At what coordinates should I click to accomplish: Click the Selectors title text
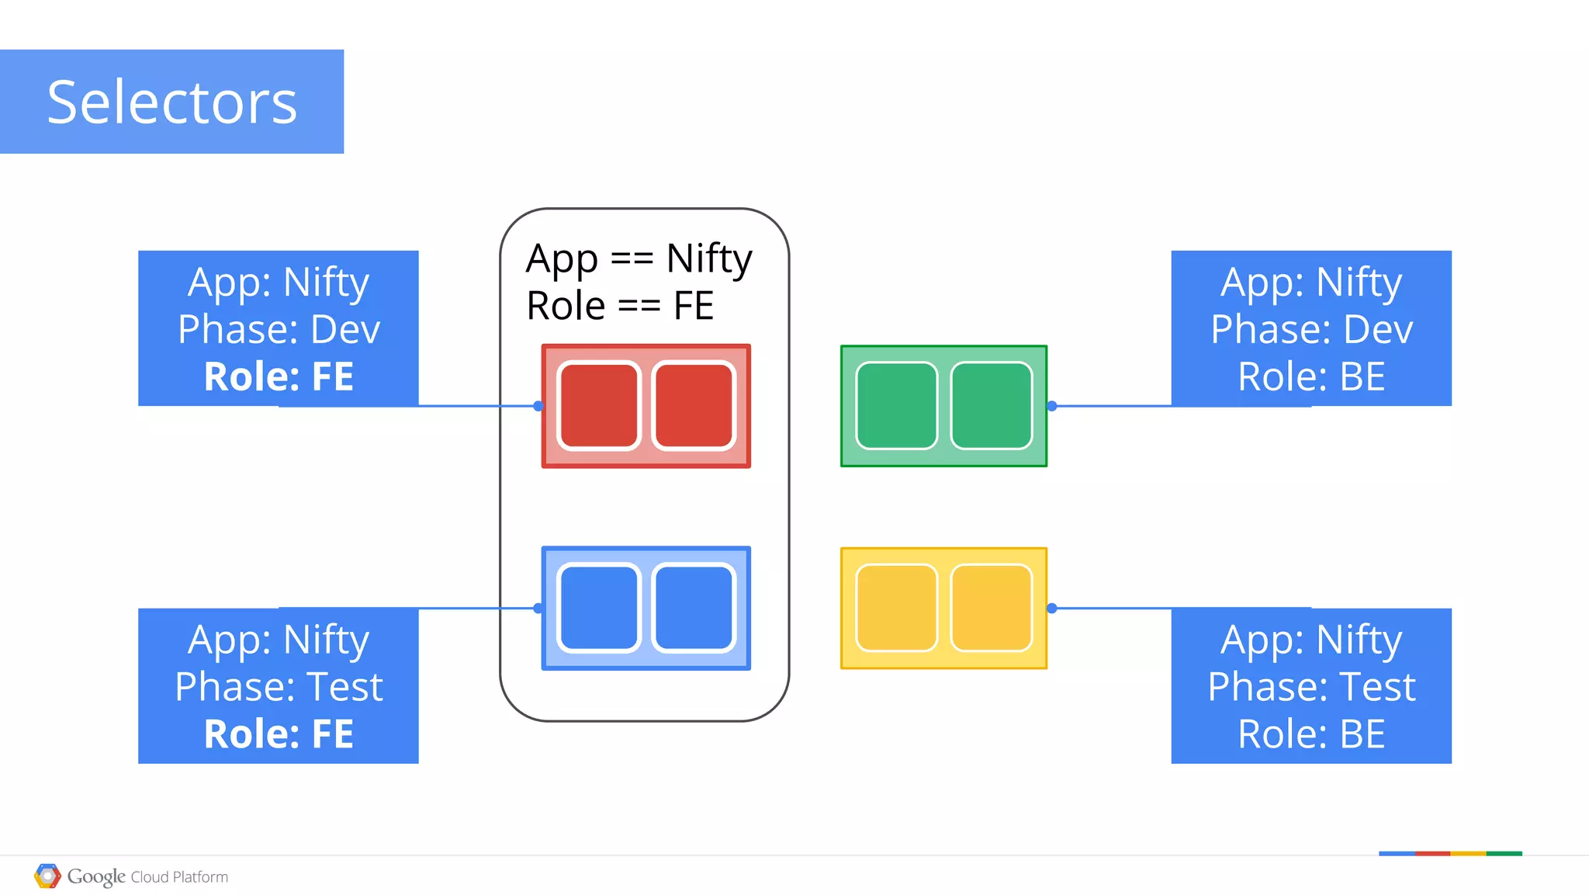pyautogui.click(x=171, y=102)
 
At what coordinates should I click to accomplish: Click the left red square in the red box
pyautogui.click(x=598, y=406)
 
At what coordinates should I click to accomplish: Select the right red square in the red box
pyautogui.click(x=694, y=406)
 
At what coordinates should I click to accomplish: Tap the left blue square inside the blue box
pyautogui.click(x=598, y=608)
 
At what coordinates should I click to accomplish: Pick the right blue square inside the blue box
pyautogui.click(x=694, y=608)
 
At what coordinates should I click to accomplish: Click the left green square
pyautogui.click(x=896, y=406)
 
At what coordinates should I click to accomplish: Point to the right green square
pyautogui.click(x=992, y=406)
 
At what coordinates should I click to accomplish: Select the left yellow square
pyautogui.click(x=896, y=608)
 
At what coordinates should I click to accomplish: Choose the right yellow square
pyautogui.click(x=992, y=608)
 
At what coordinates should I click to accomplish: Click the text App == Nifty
pyautogui.click(x=639, y=258)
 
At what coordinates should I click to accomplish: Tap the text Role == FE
pyautogui.click(x=619, y=305)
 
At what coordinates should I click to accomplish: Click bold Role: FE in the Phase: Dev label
pyautogui.click(x=279, y=376)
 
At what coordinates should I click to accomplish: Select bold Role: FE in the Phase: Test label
pyautogui.click(x=279, y=734)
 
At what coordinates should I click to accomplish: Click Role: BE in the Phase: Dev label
pyautogui.click(x=1311, y=376)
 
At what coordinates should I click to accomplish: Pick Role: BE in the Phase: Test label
pyautogui.click(x=1311, y=734)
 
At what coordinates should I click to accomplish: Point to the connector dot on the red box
pyautogui.click(x=538, y=406)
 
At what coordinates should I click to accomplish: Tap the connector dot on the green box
pyautogui.click(x=1052, y=406)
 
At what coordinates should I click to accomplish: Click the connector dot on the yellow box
pyautogui.click(x=1052, y=609)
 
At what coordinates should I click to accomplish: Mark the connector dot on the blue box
pyautogui.click(x=538, y=609)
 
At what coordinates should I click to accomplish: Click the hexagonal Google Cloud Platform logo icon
pyautogui.click(x=47, y=876)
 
